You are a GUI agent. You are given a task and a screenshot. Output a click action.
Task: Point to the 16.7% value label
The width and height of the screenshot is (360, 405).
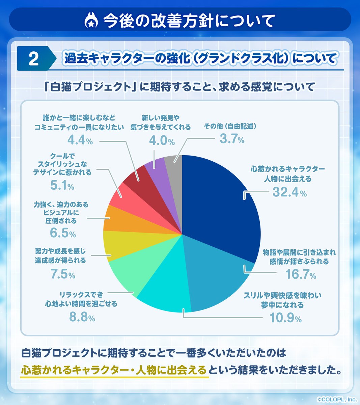point(301,275)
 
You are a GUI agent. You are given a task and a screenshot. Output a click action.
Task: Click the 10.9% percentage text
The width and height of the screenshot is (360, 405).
point(285,318)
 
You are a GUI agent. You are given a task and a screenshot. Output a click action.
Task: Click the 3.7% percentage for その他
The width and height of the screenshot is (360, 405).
point(232,139)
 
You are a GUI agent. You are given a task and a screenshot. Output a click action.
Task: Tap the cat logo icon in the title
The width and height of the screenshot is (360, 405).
point(91,21)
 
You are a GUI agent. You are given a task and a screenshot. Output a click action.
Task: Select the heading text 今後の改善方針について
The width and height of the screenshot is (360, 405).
point(189,21)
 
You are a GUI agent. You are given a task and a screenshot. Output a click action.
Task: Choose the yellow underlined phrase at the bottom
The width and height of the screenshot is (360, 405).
point(114,370)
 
